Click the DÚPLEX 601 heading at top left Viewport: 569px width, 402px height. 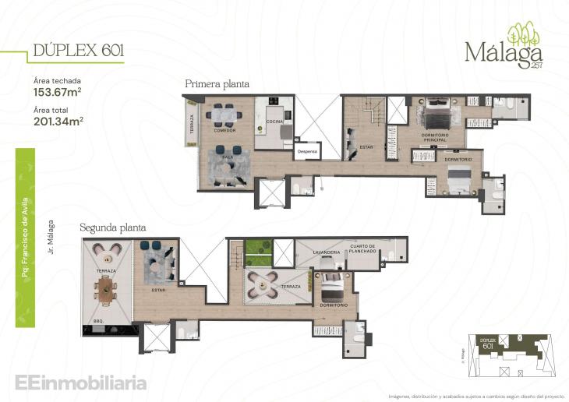tap(77, 51)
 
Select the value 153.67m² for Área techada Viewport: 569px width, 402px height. tap(59, 91)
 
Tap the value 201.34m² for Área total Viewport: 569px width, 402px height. tap(59, 121)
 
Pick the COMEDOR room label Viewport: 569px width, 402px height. tap(224, 130)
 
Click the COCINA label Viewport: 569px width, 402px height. tap(274, 122)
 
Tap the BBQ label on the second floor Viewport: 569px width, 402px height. tap(98, 319)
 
